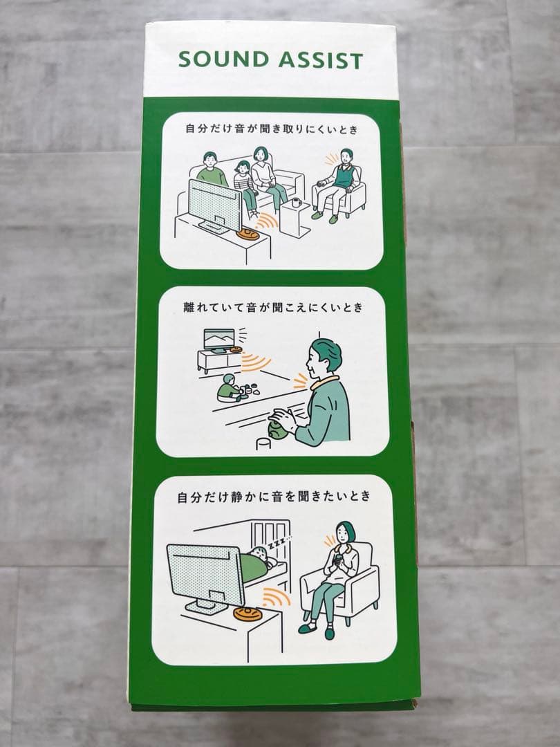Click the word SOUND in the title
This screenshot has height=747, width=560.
point(224,59)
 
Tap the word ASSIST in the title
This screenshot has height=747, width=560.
point(321,60)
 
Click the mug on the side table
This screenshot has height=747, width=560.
point(296,203)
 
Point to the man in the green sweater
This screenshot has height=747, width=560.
point(212,170)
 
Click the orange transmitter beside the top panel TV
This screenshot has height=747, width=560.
point(249,234)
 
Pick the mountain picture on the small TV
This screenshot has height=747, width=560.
point(219,339)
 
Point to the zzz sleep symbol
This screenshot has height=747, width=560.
point(281,542)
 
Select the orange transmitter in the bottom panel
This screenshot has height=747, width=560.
point(248,613)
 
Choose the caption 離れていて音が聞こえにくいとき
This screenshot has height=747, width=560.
point(273,308)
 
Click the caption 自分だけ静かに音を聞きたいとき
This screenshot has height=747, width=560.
point(274,497)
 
